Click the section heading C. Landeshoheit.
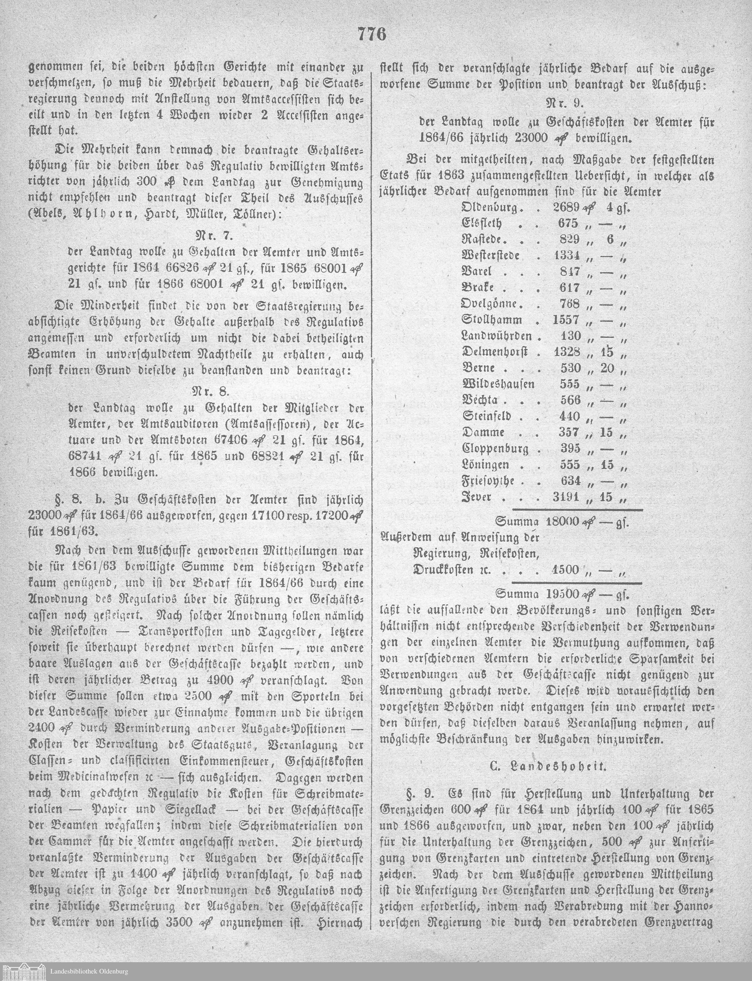[x=547, y=766]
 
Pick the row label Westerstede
[x=490, y=256]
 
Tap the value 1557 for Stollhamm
[x=566, y=320]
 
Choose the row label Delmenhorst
[x=494, y=352]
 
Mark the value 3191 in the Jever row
[x=566, y=497]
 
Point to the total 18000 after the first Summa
[x=562, y=522]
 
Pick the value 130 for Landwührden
[x=571, y=336]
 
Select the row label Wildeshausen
[x=498, y=384]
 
